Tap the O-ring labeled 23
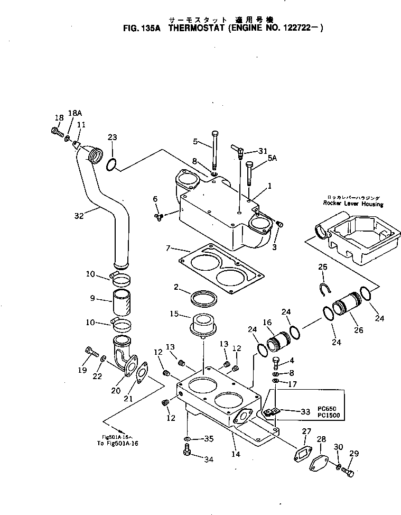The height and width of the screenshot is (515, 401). [111, 165]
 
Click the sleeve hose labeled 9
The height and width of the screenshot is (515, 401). [122, 302]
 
